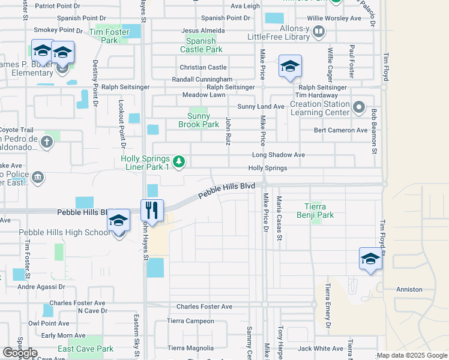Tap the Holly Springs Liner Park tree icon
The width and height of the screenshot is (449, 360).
tap(178, 161)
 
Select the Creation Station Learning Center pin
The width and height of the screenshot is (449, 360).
tap(359, 108)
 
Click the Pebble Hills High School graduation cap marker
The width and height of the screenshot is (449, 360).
tap(119, 221)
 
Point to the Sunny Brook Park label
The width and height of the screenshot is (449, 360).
tap(199, 120)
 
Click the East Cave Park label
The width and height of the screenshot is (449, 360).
tap(86, 349)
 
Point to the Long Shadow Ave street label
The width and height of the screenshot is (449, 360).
tap(278, 155)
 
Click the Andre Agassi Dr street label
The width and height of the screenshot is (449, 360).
tap(41, 287)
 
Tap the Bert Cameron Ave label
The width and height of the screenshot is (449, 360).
tap(340, 130)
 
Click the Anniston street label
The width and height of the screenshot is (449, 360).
tap(409, 289)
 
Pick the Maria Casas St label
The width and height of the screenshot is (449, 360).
tap(279, 218)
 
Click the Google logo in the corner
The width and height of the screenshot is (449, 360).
tap(19, 353)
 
